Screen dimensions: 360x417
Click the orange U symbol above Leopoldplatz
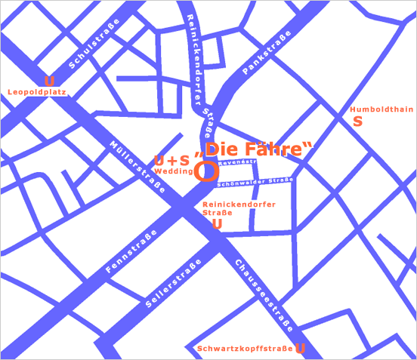coord(49,82)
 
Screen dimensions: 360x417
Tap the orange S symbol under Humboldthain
coord(358,121)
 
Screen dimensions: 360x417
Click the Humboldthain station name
coord(382,109)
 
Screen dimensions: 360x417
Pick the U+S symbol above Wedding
coord(171,160)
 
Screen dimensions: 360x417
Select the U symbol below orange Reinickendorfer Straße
coord(218,223)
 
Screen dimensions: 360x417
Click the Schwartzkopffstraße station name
coord(244,349)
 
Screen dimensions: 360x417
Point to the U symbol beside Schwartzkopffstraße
coord(300,348)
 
